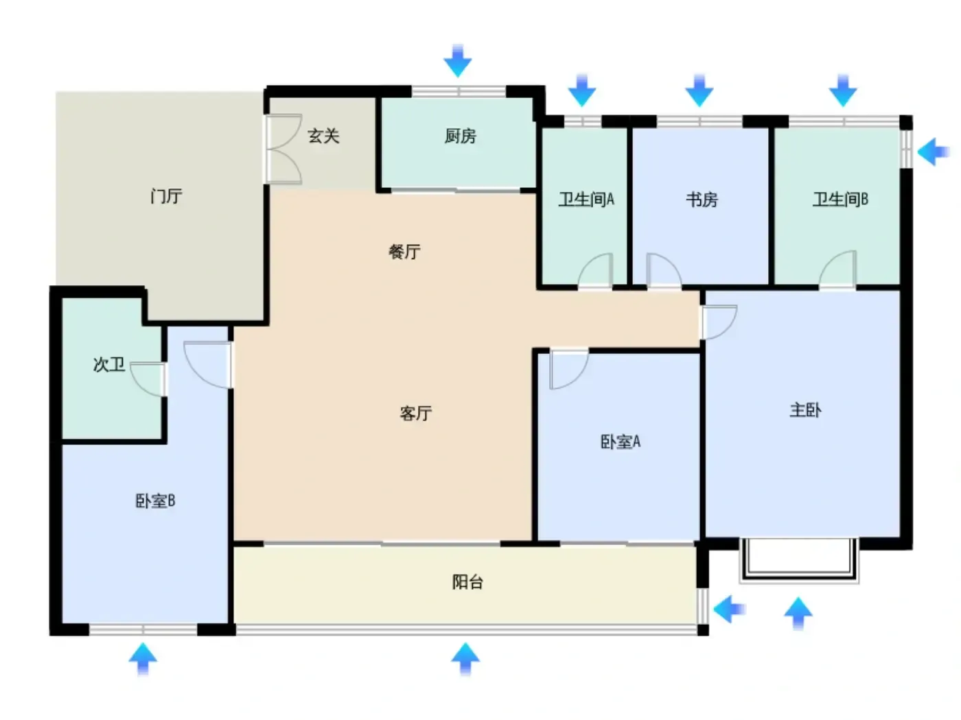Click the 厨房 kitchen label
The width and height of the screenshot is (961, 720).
pos(460,136)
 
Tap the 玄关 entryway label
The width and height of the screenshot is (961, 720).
pos(323,136)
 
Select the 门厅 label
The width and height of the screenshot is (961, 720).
pos(166,196)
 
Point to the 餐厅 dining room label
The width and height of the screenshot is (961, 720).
pos(404,252)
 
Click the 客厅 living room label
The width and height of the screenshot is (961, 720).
pos(415,413)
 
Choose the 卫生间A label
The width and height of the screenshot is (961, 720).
pos(586,200)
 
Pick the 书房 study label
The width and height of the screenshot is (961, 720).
pos(702,200)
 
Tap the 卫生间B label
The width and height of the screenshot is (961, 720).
pos(840,200)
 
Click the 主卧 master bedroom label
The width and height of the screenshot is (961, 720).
pos(805,410)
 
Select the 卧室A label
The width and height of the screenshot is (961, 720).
pos(620,442)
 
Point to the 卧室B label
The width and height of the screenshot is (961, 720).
pos(155,501)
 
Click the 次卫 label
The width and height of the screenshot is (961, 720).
pos(108,364)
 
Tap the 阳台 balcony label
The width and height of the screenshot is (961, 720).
pos(467,582)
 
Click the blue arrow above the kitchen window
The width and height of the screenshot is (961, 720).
pos(458,60)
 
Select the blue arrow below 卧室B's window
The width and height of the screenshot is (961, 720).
pos(143,659)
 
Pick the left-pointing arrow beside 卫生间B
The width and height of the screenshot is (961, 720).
pos(933,152)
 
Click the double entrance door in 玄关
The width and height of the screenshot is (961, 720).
pos(283,149)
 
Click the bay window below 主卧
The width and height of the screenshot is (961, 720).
pos(799,562)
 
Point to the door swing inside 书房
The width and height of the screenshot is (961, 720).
pos(664,270)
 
